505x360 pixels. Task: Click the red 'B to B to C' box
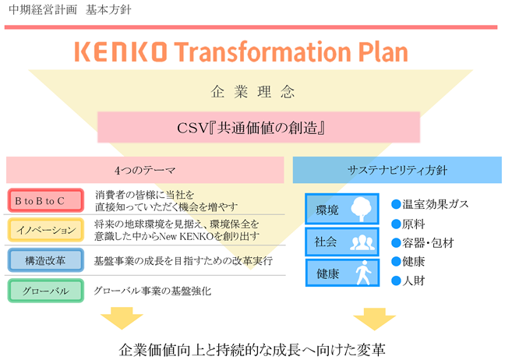click(x=46, y=200)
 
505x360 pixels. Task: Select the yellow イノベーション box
click(x=46, y=230)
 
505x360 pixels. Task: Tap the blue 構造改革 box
click(x=46, y=260)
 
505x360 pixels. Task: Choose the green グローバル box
click(x=46, y=291)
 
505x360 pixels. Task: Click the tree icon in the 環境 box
click(x=361, y=209)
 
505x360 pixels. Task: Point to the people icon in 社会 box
click(x=362, y=242)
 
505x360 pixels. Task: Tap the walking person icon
click(x=363, y=273)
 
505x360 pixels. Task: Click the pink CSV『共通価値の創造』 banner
click(x=259, y=127)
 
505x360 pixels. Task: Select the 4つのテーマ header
click(x=145, y=170)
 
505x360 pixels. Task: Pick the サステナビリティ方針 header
click(x=397, y=170)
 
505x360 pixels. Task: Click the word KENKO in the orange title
click(x=121, y=51)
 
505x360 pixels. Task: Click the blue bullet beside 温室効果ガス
click(x=396, y=204)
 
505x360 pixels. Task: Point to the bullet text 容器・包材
click(x=428, y=243)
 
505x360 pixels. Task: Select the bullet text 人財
click(x=414, y=281)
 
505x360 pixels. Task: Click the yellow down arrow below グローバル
click(x=122, y=318)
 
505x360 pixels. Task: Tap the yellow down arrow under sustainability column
click(x=375, y=319)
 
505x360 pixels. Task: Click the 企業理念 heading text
click(x=252, y=92)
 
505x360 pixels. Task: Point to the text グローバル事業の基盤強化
click(x=152, y=291)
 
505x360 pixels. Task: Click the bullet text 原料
click(x=414, y=224)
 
